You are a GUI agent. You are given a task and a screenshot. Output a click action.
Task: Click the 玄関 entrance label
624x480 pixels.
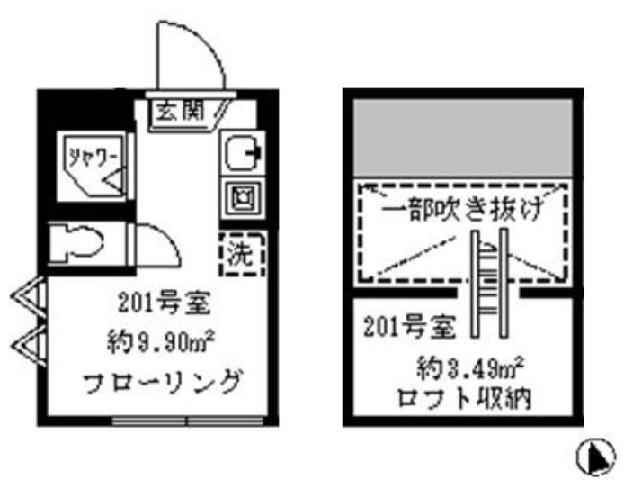click(x=177, y=113)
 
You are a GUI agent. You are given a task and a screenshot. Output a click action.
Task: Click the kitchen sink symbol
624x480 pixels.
click(x=241, y=153)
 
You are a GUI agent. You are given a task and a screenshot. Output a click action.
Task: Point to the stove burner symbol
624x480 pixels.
click(x=240, y=195)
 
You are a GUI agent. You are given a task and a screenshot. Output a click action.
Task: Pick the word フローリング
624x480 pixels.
click(x=164, y=384)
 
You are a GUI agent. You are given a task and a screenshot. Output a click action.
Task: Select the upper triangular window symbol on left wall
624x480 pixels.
click(x=27, y=297)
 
